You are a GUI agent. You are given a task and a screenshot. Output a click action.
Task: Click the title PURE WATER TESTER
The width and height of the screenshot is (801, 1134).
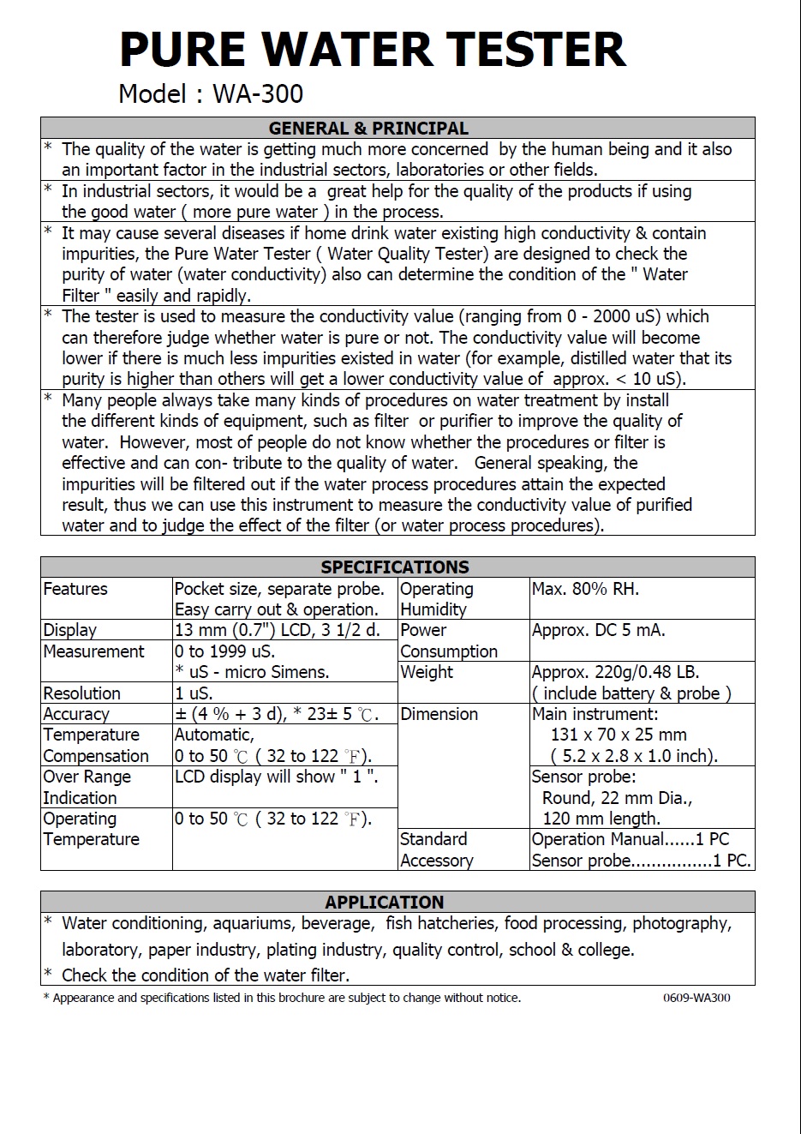tap(373, 50)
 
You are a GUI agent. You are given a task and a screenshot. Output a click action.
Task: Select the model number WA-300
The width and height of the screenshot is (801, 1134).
tap(258, 93)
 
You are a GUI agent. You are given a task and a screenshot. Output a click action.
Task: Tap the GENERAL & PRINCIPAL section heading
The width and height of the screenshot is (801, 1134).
tap(368, 129)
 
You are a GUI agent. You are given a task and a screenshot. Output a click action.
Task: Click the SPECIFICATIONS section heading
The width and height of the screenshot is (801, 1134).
tap(395, 567)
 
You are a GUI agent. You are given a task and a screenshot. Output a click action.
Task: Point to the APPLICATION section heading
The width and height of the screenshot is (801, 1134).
tap(385, 903)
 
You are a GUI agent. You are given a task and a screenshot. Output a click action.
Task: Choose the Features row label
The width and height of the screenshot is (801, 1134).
tap(75, 589)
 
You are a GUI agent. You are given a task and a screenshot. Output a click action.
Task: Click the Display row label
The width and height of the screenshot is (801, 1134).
tap(70, 630)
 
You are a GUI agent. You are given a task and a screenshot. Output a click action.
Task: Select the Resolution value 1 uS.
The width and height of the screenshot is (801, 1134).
tap(194, 693)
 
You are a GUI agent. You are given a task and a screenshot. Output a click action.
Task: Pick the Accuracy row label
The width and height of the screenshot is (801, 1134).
tap(76, 714)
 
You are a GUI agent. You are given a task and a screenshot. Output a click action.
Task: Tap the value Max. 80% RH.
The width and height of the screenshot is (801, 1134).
tap(585, 589)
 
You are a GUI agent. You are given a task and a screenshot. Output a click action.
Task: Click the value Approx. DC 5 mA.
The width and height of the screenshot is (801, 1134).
tap(598, 630)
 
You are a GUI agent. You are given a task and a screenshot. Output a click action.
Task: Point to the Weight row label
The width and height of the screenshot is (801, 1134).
tap(427, 672)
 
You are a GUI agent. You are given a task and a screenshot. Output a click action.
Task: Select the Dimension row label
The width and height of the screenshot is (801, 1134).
tap(439, 714)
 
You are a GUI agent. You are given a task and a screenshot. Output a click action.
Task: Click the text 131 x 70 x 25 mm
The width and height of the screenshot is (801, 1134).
tap(619, 735)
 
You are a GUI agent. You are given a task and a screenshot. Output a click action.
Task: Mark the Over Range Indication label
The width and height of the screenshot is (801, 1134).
tap(87, 787)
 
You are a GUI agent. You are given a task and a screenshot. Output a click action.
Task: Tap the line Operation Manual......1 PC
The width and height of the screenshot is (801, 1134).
tap(630, 839)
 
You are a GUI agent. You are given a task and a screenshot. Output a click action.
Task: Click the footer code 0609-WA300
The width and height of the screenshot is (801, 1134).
tap(696, 998)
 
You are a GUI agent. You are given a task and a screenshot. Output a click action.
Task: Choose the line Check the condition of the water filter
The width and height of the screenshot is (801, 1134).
tap(206, 975)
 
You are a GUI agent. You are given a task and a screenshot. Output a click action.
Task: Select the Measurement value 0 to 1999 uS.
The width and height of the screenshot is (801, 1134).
tap(224, 651)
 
